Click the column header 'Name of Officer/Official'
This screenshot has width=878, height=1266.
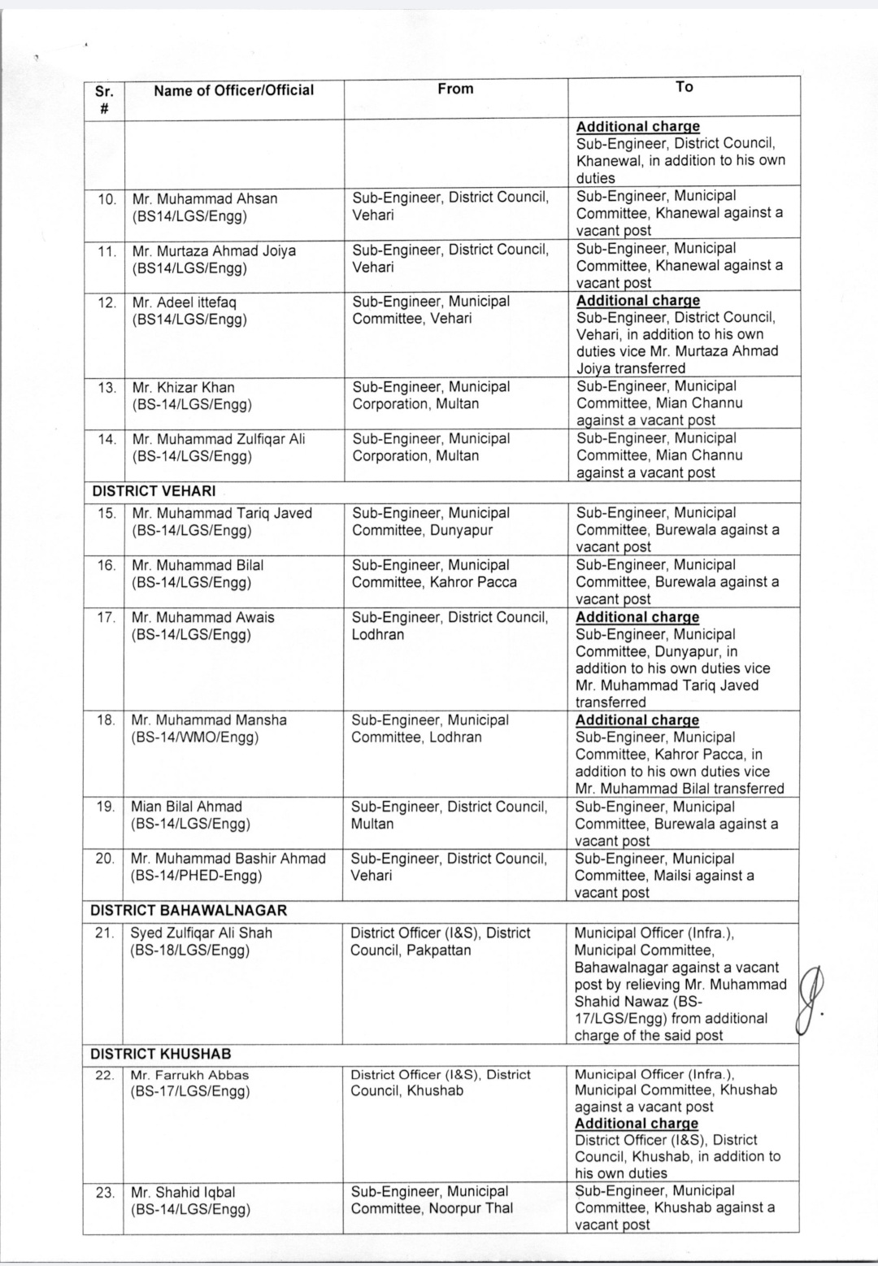(233, 90)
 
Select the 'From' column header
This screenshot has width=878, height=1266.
(455, 89)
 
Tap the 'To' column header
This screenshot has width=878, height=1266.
(684, 87)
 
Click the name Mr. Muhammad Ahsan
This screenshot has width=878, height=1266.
(205, 198)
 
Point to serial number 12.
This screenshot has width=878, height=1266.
(106, 302)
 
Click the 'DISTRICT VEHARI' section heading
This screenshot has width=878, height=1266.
(154, 491)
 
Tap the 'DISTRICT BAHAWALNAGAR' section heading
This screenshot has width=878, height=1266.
(189, 911)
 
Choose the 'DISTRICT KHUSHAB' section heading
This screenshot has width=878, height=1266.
(161, 1054)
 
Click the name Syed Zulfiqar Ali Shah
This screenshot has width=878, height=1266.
(202, 933)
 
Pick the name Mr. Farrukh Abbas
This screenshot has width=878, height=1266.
(190, 1075)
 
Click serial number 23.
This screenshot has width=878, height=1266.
(105, 1193)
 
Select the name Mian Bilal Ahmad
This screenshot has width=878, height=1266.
(187, 807)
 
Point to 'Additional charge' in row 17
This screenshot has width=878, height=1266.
(637, 617)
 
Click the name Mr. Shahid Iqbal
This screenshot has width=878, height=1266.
(184, 1192)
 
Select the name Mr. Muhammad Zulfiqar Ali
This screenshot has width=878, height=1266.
(219, 439)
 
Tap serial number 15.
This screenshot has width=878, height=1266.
(106, 513)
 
